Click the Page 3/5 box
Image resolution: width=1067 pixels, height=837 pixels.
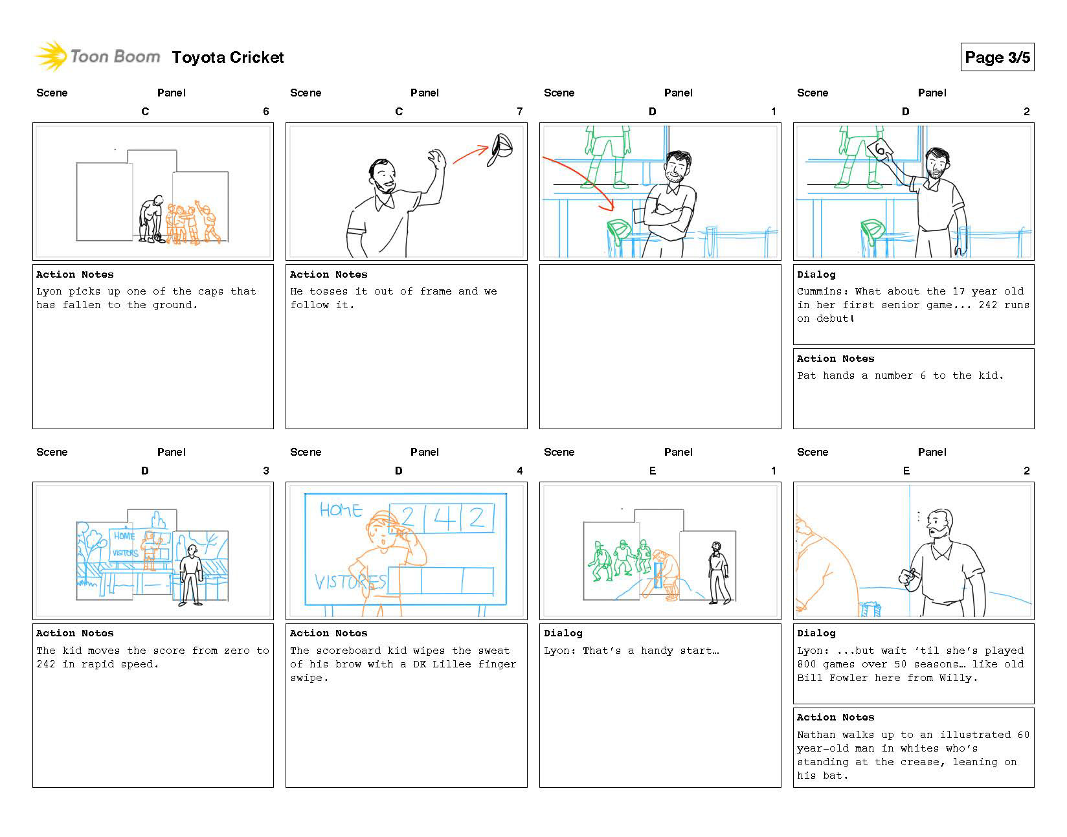point(996,57)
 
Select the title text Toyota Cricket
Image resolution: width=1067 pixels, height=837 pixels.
point(228,58)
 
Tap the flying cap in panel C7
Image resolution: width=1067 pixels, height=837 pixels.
point(502,150)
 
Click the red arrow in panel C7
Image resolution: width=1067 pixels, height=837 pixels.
point(471,154)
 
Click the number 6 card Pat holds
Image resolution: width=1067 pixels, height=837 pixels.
point(880,150)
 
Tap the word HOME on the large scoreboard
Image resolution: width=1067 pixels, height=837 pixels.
point(341,510)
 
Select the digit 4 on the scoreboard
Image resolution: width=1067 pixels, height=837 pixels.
point(444,518)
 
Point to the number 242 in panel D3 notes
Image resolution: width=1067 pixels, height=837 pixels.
point(45,664)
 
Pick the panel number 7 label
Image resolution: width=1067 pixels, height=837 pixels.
point(519,111)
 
